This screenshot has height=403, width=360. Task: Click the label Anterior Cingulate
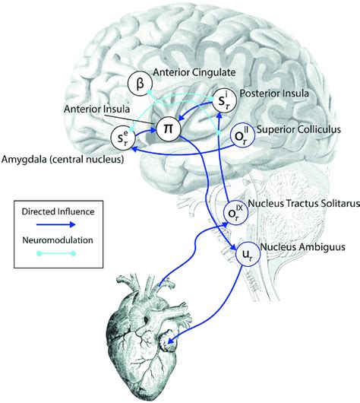192,74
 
